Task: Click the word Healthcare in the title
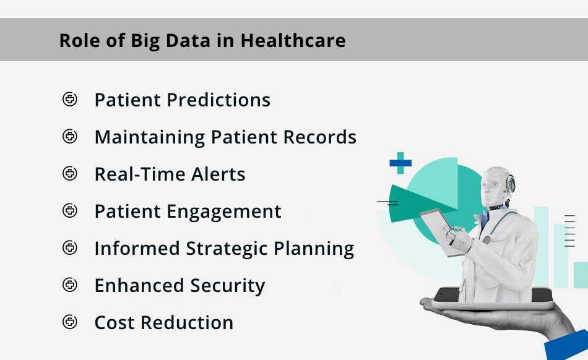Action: point(293,40)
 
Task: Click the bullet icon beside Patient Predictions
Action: point(70,99)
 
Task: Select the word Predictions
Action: point(218,100)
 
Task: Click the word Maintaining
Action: point(150,137)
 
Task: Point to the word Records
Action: point(320,137)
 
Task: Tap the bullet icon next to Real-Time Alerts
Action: point(70,173)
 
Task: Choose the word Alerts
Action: point(218,174)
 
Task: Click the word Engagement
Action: point(224,212)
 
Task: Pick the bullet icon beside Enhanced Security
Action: point(70,285)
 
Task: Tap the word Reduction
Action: point(187,322)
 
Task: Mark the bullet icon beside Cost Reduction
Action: point(70,322)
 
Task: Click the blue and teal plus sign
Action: point(400,163)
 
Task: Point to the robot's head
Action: point(497,186)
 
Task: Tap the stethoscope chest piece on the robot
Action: point(486,239)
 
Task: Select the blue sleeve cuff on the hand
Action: point(567,345)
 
